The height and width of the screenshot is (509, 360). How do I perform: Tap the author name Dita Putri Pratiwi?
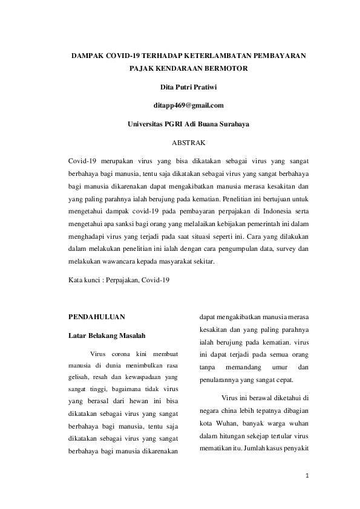click(180, 86)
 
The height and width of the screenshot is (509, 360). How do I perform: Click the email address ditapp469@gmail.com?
click(180, 105)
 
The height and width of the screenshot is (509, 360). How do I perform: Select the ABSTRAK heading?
click(180, 143)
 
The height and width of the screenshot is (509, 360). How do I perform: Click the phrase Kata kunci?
click(83, 280)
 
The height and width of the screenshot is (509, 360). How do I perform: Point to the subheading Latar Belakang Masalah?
click(106, 335)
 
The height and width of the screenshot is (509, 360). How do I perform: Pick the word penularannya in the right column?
click(220, 381)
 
